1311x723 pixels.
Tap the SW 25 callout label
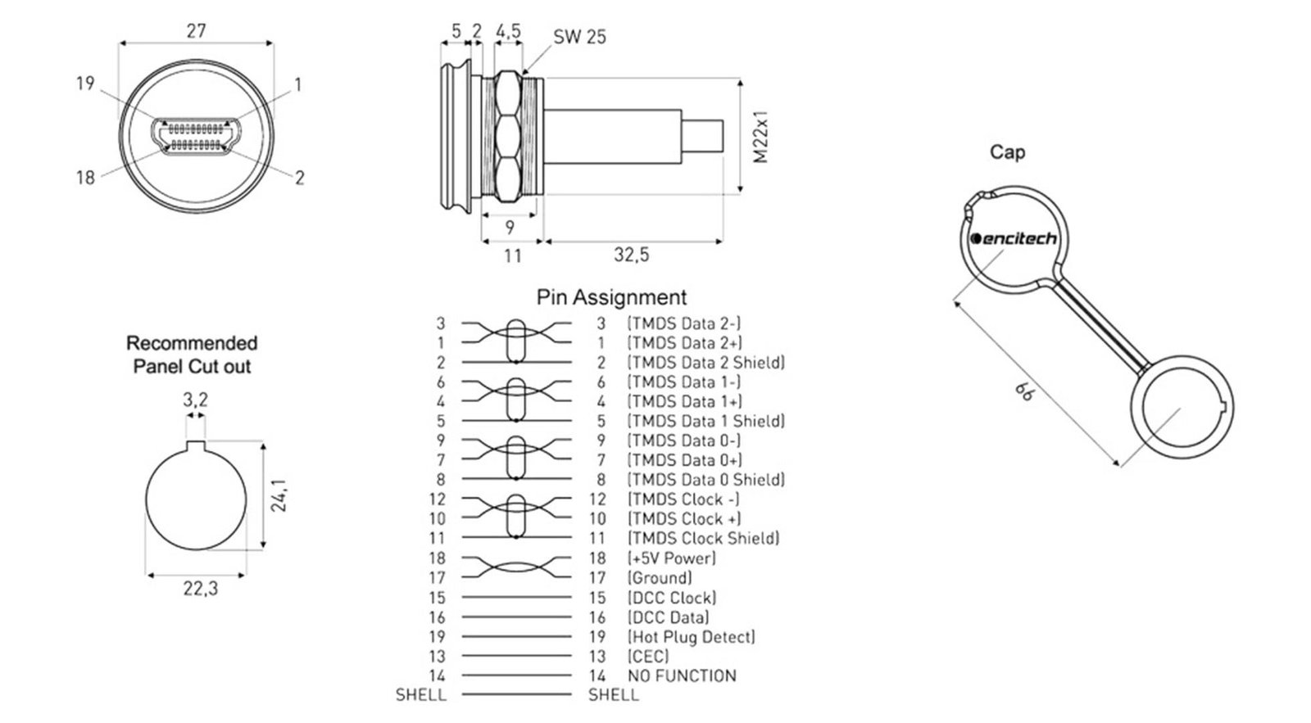click(579, 37)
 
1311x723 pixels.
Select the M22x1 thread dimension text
click(760, 137)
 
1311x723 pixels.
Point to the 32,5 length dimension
click(632, 255)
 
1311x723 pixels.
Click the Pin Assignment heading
click(611, 297)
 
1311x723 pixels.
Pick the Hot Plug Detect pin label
click(692, 636)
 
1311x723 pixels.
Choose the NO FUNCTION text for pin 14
click(682, 676)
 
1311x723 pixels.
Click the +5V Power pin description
click(671, 558)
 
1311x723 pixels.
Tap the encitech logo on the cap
click(1013, 238)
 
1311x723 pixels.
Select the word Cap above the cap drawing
click(1007, 152)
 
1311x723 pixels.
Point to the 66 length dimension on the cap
click(1023, 391)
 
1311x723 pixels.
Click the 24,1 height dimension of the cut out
click(278, 495)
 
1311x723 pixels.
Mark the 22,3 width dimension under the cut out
click(201, 589)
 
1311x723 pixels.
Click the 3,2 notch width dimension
click(196, 400)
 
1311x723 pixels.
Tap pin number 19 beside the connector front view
click(85, 83)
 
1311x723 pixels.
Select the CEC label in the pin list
click(648, 657)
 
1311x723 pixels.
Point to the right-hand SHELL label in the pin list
click(614, 695)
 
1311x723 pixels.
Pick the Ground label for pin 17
click(660, 578)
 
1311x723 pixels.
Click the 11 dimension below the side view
click(513, 255)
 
